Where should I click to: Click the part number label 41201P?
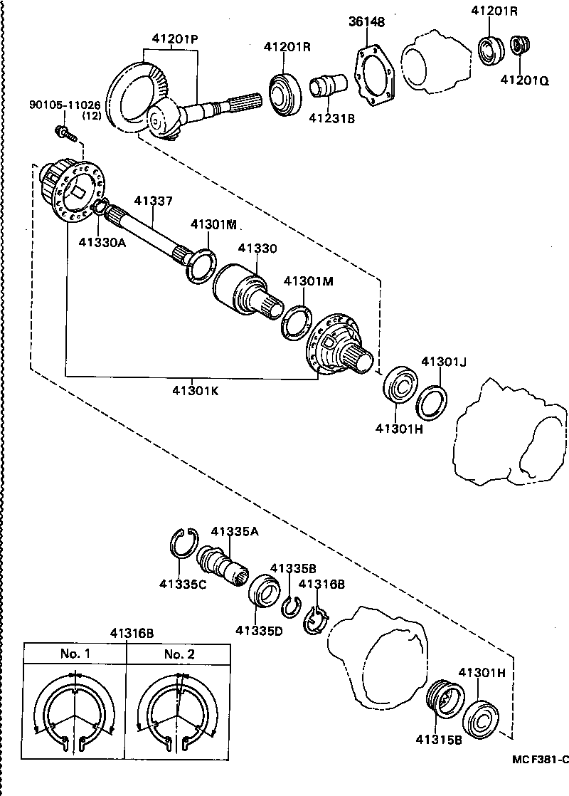click(173, 40)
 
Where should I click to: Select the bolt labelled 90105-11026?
click(63, 132)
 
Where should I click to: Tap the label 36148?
click(366, 22)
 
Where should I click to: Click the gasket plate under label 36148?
click(375, 73)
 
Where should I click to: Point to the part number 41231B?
click(331, 120)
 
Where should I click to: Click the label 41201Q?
click(524, 80)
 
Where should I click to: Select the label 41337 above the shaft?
click(152, 201)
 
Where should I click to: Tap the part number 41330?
click(257, 248)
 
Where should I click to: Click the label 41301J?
click(442, 362)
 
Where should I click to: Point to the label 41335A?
click(234, 531)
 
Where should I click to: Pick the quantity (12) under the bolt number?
click(91, 115)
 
